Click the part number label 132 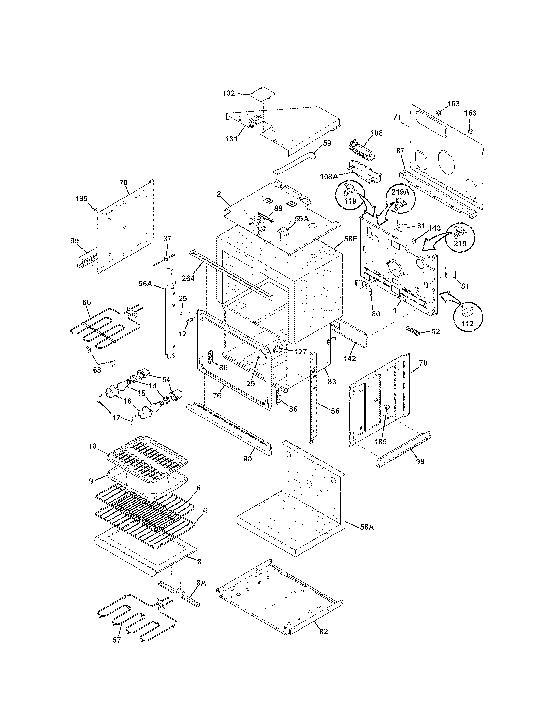coord(228,93)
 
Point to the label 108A coord(329,177)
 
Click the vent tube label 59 coord(327,143)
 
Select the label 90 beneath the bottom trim coord(247,459)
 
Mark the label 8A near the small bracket coord(201,583)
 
